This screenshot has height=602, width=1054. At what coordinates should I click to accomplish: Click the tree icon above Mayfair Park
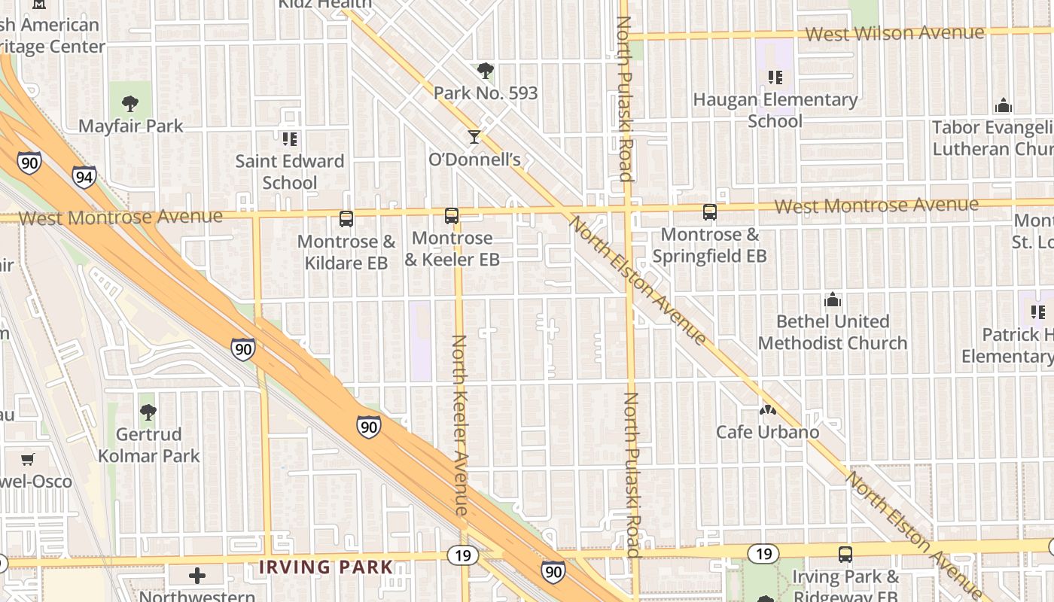pos(130,103)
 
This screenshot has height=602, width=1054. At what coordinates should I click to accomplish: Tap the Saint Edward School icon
pos(290,138)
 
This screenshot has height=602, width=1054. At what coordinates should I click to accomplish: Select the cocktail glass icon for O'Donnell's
pos(474,136)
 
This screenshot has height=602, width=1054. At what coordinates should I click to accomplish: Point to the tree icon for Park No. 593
pos(486,71)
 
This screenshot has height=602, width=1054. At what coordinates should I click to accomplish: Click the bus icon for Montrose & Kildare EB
pos(346,219)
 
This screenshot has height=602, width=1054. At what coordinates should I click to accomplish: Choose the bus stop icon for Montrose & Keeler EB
pos(452,216)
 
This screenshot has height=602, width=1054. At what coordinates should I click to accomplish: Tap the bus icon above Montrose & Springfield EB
pos(709,212)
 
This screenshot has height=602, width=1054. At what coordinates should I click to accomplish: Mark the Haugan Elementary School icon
pos(775,77)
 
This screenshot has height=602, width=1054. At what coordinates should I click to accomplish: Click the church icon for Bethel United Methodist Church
pos(833,299)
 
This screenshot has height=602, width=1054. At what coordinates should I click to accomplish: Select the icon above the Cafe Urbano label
pos(767,410)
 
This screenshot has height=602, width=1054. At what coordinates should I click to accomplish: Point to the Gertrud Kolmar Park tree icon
pos(148,412)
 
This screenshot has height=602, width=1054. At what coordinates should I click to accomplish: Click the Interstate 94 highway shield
pos(84,177)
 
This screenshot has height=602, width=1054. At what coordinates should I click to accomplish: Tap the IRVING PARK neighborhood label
pos(326,567)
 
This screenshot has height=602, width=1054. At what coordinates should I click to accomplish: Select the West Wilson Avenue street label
pos(894,33)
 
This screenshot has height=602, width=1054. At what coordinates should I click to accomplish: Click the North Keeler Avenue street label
pos(460,425)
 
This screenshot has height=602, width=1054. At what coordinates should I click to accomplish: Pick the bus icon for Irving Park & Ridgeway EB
pos(845,555)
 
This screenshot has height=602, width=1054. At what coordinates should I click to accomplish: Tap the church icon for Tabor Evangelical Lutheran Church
pos(1003,105)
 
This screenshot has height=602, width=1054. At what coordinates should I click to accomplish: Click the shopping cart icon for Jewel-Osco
pos(28,459)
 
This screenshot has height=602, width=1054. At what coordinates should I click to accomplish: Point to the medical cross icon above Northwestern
pos(197,576)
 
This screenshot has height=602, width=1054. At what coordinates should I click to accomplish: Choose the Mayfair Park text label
pos(131,126)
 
